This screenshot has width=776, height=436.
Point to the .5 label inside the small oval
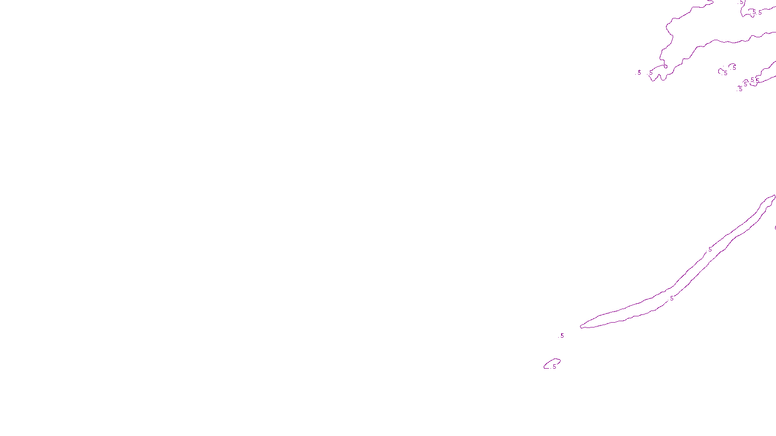pos(554,367)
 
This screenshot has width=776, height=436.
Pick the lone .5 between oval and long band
pos(562,335)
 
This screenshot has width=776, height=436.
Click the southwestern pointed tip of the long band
pos(582,327)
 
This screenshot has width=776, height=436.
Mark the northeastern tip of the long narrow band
pos(774,196)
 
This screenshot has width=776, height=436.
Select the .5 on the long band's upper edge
pos(710,249)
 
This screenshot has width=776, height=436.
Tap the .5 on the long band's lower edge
pos(671,298)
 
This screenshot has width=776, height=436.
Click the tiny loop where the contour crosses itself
pos(665,66)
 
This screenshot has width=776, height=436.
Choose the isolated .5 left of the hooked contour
pos(639,72)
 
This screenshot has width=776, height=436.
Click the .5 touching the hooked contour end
pos(651,73)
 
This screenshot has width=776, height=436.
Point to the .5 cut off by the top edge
pos(741,2)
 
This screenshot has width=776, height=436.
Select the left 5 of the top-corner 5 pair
pos(754,13)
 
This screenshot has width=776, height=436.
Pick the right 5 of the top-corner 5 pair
pos(760,13)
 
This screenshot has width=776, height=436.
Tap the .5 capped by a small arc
pos(733,67)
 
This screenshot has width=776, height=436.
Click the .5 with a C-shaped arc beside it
pos(725,73)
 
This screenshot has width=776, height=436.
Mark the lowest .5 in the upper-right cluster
pos(740,89)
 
